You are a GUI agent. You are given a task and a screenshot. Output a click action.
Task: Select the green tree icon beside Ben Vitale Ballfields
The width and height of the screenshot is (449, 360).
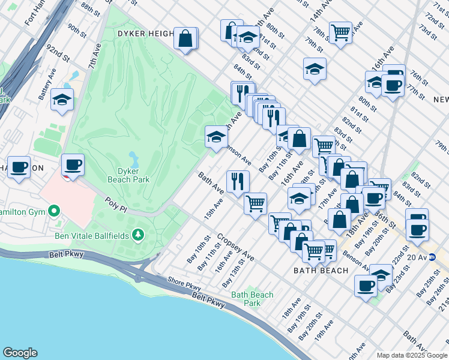(x=139, y=233)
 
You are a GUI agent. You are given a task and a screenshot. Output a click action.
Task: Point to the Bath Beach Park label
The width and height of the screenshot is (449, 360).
(x=252, y=298)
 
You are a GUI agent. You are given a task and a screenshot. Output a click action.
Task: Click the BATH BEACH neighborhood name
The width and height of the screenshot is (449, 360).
(x=321, y=271)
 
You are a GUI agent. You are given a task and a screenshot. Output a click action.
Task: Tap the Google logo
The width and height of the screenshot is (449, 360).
(x=20, y=353)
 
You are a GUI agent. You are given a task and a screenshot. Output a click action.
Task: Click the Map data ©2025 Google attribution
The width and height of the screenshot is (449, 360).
(x=411, y=355)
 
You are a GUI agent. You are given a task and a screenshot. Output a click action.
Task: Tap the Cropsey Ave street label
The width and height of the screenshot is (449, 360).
(x=235, y=247)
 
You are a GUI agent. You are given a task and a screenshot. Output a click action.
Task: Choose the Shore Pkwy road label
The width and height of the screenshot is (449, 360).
(x=184, y=287)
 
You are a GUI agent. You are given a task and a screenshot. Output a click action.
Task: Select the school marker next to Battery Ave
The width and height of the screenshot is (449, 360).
(x=62, y=100)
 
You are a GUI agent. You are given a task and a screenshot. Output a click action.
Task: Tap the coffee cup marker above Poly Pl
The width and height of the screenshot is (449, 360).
(x=73, y=164)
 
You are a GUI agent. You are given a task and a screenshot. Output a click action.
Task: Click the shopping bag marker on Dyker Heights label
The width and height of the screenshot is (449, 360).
(x=186, y=38)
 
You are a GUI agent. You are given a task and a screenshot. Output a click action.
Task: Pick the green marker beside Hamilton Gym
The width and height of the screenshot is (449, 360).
(x=54, y=211)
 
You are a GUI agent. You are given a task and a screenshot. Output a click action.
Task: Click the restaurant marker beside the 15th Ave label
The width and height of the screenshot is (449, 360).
(x=238, y=181)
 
